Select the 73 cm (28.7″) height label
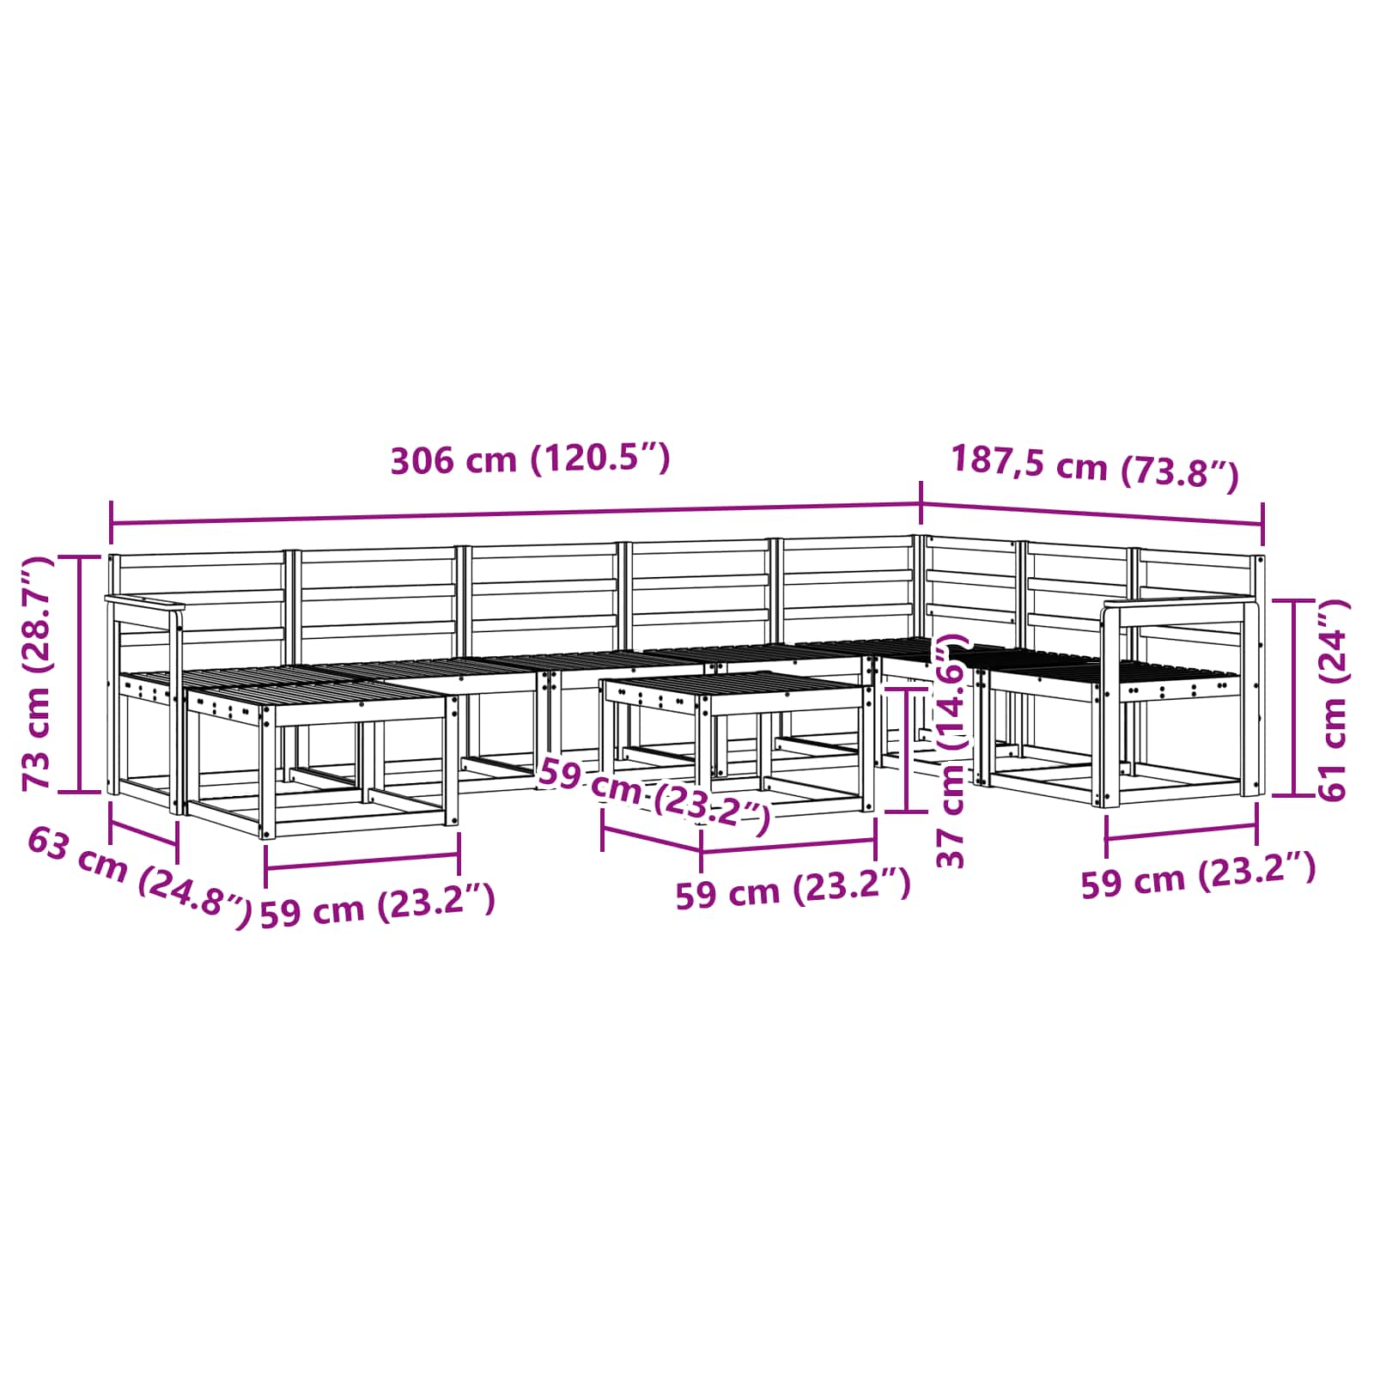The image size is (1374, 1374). pyautogui.click(x=37, y=672)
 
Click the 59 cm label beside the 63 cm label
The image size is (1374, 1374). pyautogui.click(x=377, y=906)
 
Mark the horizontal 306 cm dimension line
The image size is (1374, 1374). pyautogui.click(x=516, y=514)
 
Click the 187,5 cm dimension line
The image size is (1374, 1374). pyautogui.click(x=1092, y=514)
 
